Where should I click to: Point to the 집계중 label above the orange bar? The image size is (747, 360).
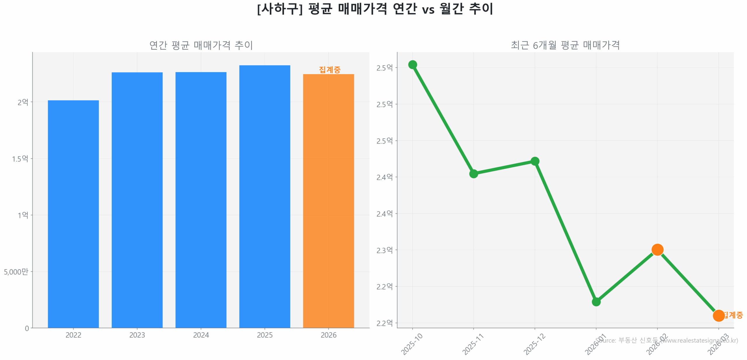point(329,69)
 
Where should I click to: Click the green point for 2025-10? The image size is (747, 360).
point(412,64)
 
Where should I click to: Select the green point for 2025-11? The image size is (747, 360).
point(473,174)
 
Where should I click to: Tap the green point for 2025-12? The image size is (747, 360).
point(535,161)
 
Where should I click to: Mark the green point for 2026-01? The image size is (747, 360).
point(596,302)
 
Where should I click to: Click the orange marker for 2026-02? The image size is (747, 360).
point(657,249)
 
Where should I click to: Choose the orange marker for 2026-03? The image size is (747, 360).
point(718,315)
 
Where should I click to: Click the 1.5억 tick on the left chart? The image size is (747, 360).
point(20,159)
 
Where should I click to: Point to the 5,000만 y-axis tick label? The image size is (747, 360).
point(16,272)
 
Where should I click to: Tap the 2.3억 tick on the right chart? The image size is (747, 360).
point(384,250)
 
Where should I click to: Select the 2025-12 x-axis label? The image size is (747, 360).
point(534,344)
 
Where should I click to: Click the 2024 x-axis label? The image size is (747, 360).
point(201,335)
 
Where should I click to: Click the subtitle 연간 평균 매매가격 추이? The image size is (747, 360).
point(201,45)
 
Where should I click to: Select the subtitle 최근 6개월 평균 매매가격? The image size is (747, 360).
point(565,45)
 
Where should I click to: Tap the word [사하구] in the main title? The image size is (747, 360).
point(280,9)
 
